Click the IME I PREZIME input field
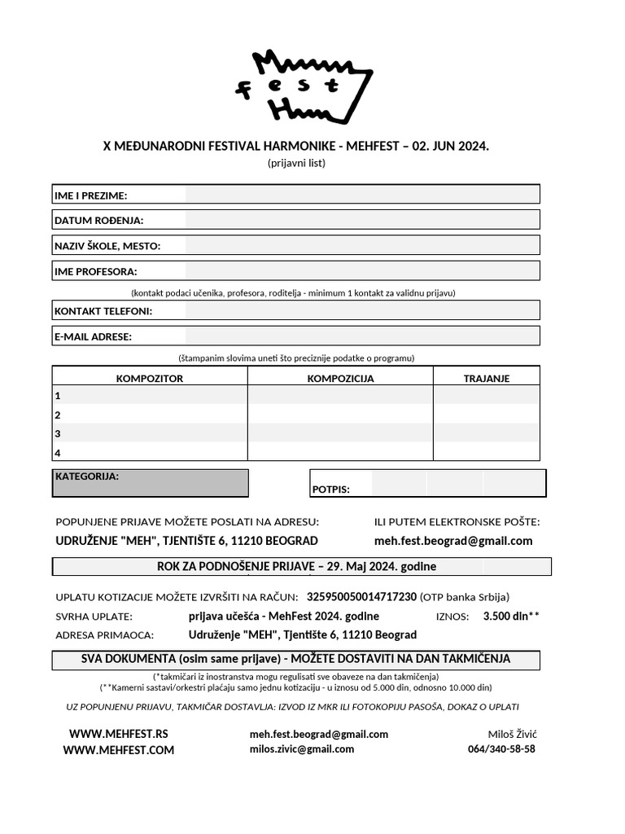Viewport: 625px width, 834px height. click(361, 195)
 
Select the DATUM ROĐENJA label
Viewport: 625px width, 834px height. click(98, 220)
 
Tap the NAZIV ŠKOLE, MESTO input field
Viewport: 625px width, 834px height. click(361, 245)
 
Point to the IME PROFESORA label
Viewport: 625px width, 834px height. click(95, 271)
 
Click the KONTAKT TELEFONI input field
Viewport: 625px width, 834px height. click(361, 310)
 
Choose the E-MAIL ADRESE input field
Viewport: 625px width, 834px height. click(361, 336)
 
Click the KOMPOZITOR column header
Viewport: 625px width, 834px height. click(150, 378)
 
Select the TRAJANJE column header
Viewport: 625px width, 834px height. click(486, 378)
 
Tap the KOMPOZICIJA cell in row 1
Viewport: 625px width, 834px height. click(340, 396)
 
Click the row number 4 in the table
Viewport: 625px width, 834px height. click(58, 453)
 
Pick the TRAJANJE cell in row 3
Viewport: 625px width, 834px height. click(486, 433)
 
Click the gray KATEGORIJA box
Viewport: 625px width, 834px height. click(151, 483)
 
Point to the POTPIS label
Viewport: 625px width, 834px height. click(330, 489)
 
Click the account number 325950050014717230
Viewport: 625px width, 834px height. click(361, 596)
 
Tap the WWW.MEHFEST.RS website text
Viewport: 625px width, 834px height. click(118, 734)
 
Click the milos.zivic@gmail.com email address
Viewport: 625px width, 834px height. click(302, 749)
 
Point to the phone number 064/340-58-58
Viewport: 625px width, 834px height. click(501, 749)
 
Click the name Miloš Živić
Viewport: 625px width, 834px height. click(512, 734)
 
